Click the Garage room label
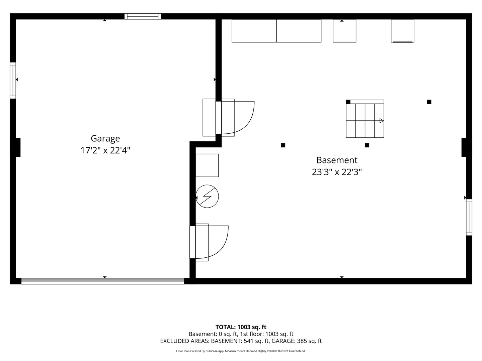(105, 138)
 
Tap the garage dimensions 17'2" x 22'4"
(105, 150)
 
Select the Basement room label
(337, 160)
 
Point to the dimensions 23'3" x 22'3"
(337, 172)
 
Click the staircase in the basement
(365, 119)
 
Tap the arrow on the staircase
(382, 121)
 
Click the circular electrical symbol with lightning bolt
(207, 196)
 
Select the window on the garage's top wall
(143, 16)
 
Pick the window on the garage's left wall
(13, 81)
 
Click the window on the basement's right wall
(469, 217)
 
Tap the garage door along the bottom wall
(102, 281)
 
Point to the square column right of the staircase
(429, 102)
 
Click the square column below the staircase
(367, 145)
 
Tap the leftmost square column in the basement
(283, 145)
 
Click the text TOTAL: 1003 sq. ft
(241, 327)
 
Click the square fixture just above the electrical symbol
(207, 165)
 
